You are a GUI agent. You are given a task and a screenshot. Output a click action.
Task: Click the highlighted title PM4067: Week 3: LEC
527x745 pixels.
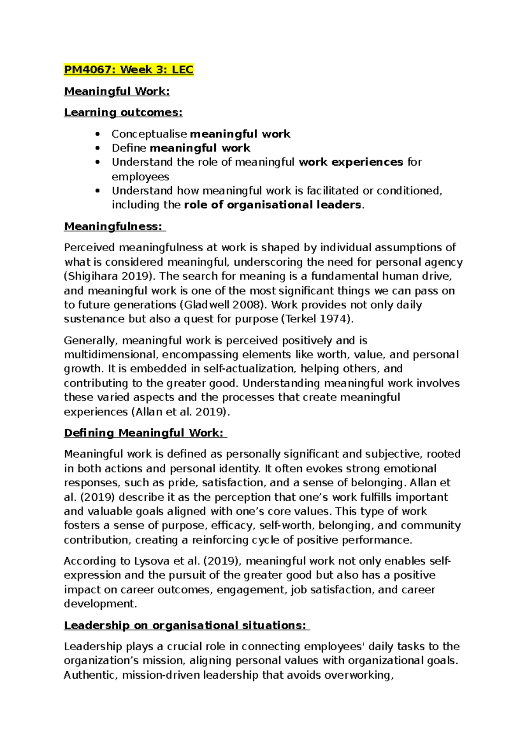point(129,70)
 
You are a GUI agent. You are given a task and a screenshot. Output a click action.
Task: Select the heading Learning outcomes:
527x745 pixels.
point(123,112)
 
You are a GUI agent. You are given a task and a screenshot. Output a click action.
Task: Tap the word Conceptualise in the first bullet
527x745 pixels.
point(149,134)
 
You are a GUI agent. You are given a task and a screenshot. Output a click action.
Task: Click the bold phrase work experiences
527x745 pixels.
point(350,162)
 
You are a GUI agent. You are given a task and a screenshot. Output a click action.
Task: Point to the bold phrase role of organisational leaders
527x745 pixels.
point(272,205)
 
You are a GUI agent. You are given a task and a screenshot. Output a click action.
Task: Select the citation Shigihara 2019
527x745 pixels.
point(109,276)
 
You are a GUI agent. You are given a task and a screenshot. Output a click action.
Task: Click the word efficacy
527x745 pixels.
point(232,525)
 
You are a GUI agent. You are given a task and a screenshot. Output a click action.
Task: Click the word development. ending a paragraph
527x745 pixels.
point(101,604)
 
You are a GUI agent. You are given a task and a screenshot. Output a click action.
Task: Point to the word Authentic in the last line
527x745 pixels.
point(90,675)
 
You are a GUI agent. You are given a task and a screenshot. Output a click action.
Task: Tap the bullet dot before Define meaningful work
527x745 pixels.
point(97,148)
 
